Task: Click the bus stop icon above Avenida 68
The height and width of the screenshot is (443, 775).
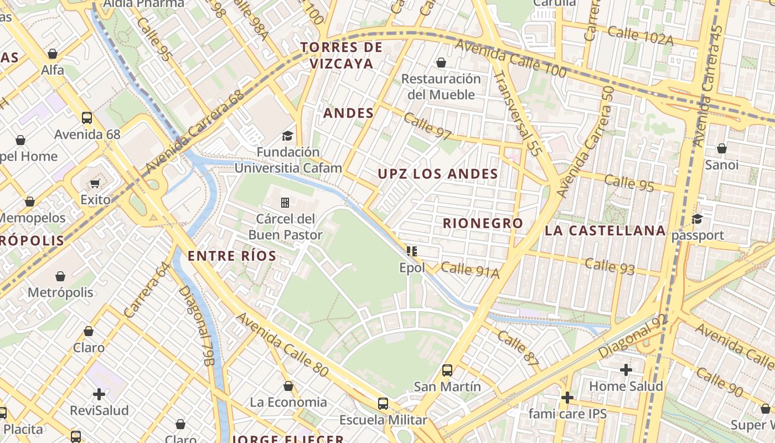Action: click(87, 117)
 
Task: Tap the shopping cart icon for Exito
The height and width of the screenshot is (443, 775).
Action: click(95, 183)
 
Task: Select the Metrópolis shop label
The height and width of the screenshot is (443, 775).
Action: click(60, 292)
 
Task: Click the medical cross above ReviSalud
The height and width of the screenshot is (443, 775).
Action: click(99, 394)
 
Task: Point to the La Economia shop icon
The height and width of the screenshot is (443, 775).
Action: click(288, 386)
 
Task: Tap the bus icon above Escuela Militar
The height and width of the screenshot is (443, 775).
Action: click(383, 403)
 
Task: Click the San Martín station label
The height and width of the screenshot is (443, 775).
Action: click(447, 386)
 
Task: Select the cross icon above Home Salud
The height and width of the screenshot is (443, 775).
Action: click(626, 369)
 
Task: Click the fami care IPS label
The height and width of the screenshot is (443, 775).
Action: click(567, 414)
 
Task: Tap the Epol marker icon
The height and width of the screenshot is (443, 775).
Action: click(412, 251)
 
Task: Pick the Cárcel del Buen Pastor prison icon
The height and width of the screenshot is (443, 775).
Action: click(285, 202)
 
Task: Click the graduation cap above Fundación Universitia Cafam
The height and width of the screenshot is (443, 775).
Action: click(287, 136)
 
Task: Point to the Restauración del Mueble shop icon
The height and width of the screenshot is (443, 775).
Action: click(441, 63)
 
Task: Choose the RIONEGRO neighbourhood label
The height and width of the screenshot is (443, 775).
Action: click(483, 223)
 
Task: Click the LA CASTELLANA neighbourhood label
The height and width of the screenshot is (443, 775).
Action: click(605, 230)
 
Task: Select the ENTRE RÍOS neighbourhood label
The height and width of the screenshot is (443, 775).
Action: click(232, 256)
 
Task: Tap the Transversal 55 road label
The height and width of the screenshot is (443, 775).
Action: click(516, 114)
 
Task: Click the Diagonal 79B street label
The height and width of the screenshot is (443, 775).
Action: click(196, 326)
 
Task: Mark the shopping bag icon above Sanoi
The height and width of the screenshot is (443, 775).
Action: click(721, 148)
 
